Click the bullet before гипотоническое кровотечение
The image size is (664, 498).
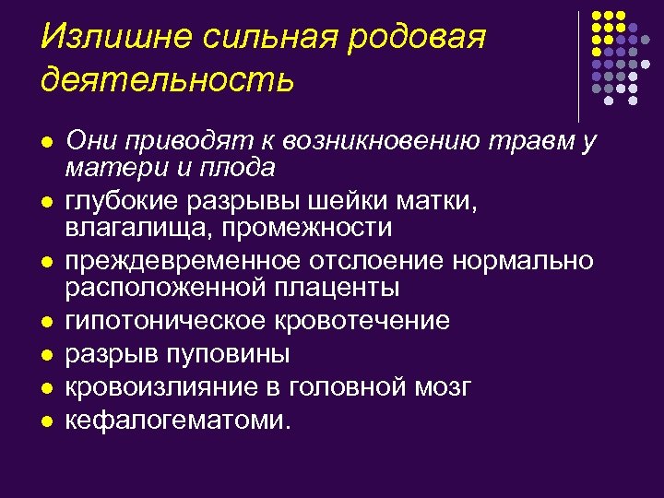(x=46, y=322)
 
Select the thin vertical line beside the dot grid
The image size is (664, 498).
(x=579, y=65)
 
